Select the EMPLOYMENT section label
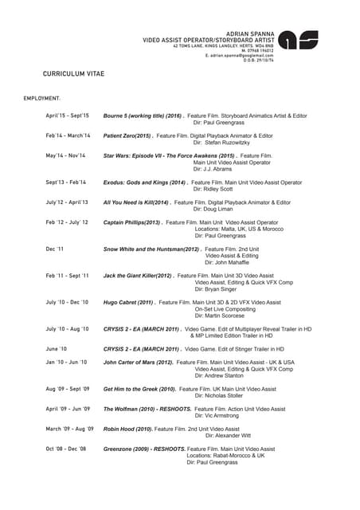click(x=41, y=98)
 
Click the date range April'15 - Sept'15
click(x=68, y=116)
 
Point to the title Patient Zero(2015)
click(x=128, y=136)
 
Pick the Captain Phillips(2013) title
click(x=133, y=222)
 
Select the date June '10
click(x=57, y=349)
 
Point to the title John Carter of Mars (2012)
click(x=139, y=362)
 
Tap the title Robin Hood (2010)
click(x=127, y=429)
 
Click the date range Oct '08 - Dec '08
click(x=66, y=449)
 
